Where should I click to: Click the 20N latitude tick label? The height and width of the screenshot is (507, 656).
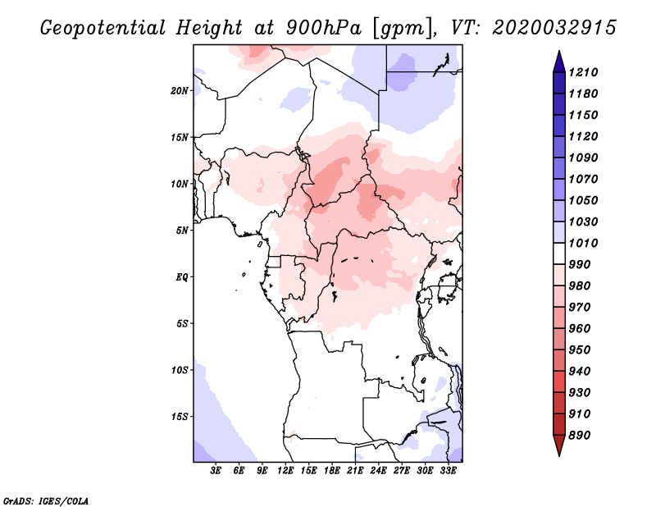click(180, 90)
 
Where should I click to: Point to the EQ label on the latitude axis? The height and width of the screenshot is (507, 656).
click(181, 276)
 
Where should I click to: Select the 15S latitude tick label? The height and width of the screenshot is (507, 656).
click(180, 416)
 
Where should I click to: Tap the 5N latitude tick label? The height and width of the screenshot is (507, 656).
click(182, 230)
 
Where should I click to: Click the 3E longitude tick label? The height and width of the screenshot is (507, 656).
click(216, 471)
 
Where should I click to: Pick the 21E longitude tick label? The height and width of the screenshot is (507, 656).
click(355, 471)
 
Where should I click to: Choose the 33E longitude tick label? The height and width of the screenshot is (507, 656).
click(448, 471)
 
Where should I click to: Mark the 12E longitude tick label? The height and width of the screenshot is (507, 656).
click(286, 471)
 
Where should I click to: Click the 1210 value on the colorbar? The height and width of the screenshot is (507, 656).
click(585, 72)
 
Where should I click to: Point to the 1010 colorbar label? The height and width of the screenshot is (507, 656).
click(585, 243)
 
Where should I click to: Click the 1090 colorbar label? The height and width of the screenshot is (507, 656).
click(585, 158)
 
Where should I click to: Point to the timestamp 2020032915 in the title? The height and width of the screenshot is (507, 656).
click(554, 28)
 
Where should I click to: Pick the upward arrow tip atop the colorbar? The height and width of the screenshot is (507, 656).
click(558, 53)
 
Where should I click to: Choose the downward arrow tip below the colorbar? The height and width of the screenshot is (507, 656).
click(558, 453)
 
